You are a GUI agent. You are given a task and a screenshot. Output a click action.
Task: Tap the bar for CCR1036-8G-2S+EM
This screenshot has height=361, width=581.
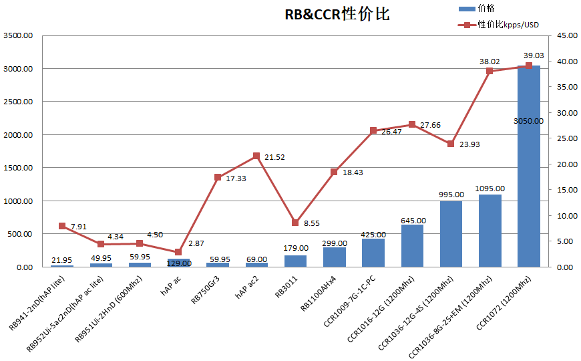coord(490,231)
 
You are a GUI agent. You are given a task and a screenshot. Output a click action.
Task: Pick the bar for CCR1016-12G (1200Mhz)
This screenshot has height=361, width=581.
coord(412,245)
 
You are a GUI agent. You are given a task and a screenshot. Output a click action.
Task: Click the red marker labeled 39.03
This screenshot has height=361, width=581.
coord(528,66)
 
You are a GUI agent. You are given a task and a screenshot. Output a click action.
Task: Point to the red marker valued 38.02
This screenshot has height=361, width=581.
coord(490,71)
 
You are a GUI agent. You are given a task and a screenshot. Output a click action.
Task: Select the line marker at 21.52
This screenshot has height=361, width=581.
coord(256,156)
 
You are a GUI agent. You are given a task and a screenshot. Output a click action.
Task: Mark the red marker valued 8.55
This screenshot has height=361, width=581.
coord(295,223)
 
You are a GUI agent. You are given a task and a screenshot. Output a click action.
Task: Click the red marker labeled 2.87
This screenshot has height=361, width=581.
coord(178,252)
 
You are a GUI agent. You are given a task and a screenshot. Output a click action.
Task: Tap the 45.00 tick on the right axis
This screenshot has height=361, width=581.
coord(564,35)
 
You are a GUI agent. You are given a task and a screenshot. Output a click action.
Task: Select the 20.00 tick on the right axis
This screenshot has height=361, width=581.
coord(564,164)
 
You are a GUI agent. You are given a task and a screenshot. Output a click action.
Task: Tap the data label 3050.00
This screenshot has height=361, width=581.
coord(528,121)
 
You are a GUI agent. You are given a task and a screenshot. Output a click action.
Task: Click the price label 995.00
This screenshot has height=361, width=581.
coord(451,195)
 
